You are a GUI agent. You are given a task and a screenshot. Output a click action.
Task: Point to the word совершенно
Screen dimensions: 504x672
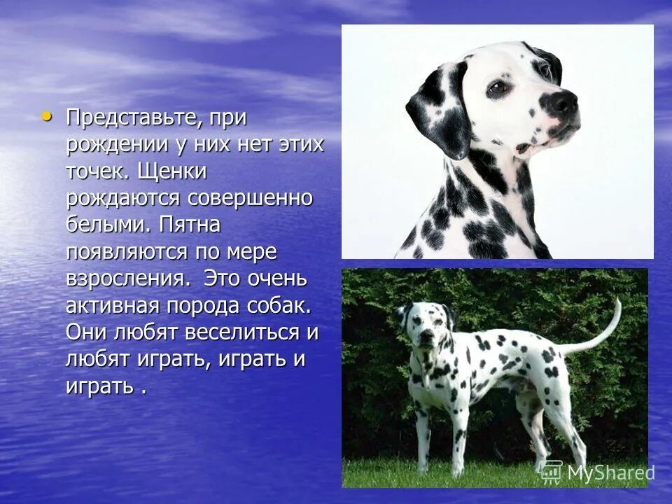tap(250, 198)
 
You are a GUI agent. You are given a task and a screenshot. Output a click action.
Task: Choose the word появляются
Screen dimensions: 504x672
tap(127, 251)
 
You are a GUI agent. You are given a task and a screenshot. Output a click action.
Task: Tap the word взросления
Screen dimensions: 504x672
tap(127, 279)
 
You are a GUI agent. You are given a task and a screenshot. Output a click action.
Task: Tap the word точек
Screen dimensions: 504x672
tap(96, 171)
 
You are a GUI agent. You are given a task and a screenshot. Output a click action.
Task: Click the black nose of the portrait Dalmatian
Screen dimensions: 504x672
tap(563, 104)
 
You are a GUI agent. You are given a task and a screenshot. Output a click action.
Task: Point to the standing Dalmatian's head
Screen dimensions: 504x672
tap(424, 330)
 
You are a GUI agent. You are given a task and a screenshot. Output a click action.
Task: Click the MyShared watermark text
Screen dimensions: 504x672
tap(609, 472)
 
